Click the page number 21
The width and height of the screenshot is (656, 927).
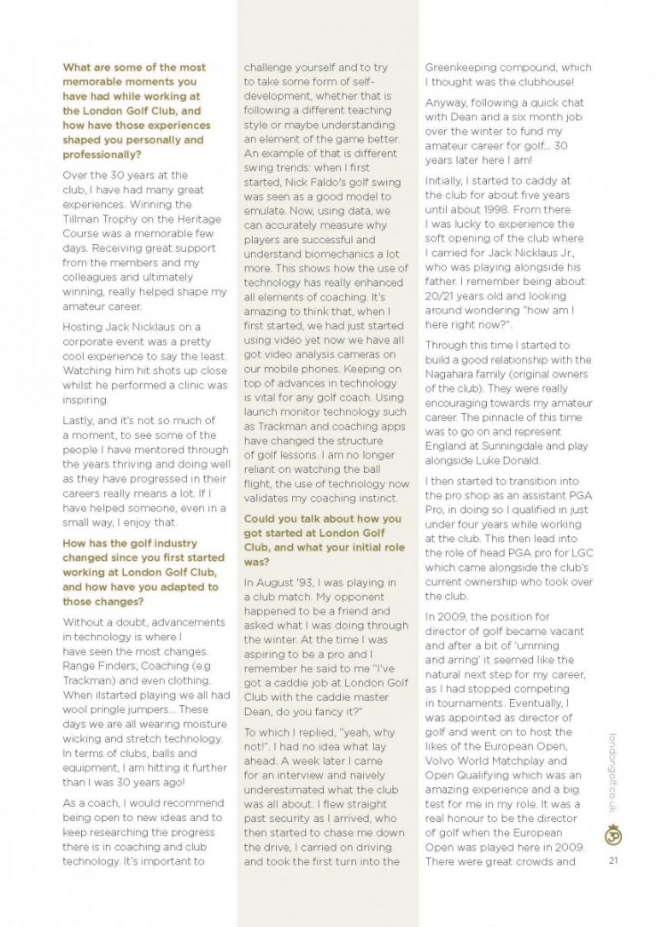tap(613, 860)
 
